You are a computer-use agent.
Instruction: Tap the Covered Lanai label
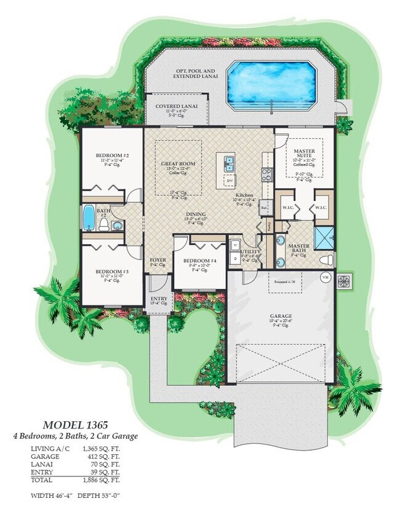click(176, 106)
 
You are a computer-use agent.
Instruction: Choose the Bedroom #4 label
click(201, 261)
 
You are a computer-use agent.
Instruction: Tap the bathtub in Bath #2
click(88, 218)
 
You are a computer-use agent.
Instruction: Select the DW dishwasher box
click(229, 181)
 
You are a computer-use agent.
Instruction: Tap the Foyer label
click(158, 260)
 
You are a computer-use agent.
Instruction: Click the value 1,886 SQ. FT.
click(101, 479)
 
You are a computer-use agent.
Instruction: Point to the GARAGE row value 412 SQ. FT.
click(101, 457)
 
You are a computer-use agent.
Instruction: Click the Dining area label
click(197, 215)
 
